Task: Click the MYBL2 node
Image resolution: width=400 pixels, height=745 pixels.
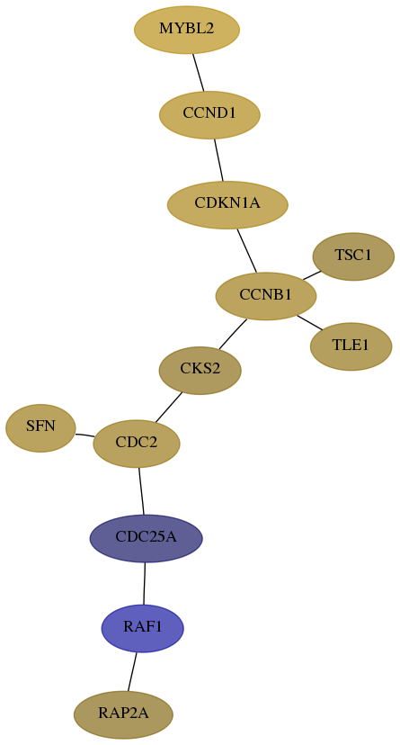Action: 187,30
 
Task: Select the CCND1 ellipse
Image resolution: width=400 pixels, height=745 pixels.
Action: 209,114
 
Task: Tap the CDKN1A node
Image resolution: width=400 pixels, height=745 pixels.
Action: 227,205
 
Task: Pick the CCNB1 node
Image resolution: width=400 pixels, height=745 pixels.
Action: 266,296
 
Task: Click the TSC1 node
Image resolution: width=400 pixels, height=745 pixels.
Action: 353,256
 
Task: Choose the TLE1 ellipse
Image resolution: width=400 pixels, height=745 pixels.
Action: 351,346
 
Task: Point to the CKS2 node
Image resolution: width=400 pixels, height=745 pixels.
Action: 200,370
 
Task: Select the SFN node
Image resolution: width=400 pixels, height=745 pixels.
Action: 40,427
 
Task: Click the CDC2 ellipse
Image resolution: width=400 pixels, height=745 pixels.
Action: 137,444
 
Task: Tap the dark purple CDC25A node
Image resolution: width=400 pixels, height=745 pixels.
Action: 147,538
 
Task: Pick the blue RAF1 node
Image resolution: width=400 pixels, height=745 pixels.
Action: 143,628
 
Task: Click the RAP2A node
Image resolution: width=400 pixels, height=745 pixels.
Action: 123,714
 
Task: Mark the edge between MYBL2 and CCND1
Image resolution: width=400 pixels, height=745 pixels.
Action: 199,72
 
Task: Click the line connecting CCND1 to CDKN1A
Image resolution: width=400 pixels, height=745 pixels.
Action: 218,160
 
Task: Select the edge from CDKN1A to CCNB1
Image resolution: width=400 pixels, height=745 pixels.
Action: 246,250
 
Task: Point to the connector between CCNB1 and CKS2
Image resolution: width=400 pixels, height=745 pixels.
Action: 233,334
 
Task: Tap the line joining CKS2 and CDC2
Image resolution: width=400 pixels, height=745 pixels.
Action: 168,408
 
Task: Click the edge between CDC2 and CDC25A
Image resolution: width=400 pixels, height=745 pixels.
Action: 141,490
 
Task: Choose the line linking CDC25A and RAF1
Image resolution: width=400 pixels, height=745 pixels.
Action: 144,583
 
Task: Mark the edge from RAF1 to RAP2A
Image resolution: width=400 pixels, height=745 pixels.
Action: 132,672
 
